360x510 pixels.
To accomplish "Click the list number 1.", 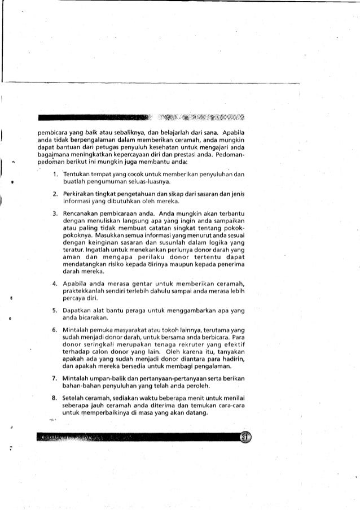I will pos(51,173).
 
